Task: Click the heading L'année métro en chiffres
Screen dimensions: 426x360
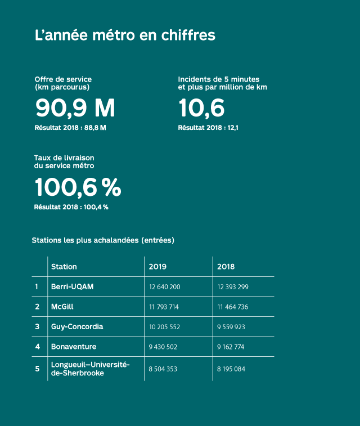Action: tap(125, 35)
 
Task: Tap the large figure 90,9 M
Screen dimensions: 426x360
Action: tap(75, 107)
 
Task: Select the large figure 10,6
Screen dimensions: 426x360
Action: tap(201, 107)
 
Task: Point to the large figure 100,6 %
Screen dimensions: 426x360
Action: tap(78, 187)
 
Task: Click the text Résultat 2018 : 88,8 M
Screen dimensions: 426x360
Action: tap(70, 128)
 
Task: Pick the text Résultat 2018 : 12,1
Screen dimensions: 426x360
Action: tap(208, 128)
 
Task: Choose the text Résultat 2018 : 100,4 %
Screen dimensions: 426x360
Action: tap(71, 207)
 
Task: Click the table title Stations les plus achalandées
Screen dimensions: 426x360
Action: tap(103, 240)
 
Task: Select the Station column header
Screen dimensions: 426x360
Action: tap(64, 267)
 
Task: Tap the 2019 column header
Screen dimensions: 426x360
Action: tap(157, 267)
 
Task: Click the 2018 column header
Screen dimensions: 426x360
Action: tap(226, 267)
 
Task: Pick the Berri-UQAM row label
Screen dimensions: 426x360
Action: tap(72, 286)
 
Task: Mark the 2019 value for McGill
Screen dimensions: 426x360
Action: tap(164, 307)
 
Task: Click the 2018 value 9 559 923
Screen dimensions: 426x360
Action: tap(231, 327)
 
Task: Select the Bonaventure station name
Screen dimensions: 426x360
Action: tap(74, 347)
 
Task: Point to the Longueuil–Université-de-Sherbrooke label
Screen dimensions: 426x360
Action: tap(90, 369)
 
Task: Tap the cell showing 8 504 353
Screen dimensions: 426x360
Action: tap(163, 369)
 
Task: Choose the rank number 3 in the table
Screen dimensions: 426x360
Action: tap(37, 327)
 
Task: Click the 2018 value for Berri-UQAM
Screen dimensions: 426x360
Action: tap(233, 287)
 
